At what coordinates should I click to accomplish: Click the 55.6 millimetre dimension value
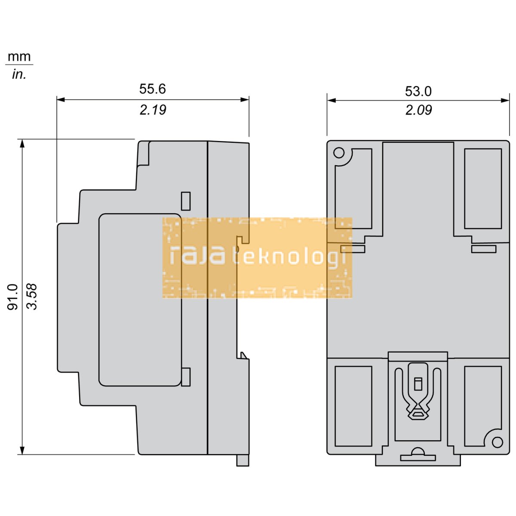coord(152,89)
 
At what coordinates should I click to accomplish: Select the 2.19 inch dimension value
coord(153,110)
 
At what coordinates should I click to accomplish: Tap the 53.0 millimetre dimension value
coord(418,91)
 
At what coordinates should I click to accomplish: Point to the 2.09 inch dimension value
coord(418,110)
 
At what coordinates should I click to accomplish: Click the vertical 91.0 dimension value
coord(12,297)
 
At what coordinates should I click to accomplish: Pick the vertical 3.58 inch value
coord(32,297)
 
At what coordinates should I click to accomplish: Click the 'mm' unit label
coord(19,57)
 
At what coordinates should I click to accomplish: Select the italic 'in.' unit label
coord(19,75)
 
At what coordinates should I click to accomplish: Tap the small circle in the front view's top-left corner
coord(339,153)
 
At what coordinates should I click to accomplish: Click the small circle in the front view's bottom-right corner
coord(497,442)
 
